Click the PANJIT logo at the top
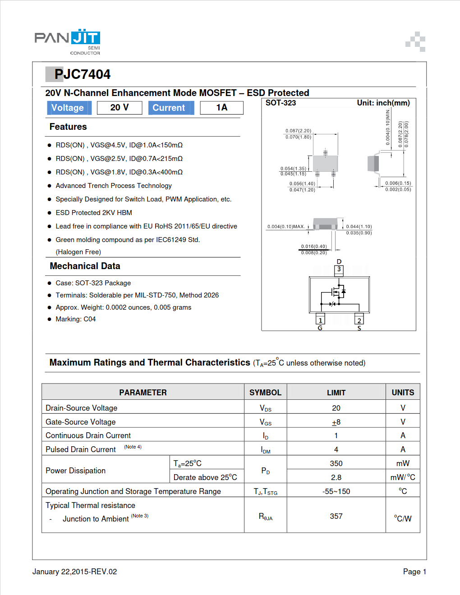[68, 41]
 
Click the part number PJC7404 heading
[82, 74]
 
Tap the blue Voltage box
[68, 108]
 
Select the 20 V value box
[120, 108]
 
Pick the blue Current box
[170, 108]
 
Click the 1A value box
[221, 108]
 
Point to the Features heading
[68, 127]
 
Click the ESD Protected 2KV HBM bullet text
[94, 213]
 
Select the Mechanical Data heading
[85, 266]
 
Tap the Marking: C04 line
[75, 319]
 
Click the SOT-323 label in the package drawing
[281, 103]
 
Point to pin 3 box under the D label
[339, 270]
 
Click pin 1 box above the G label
[320, 320]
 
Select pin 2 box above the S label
[359, 320]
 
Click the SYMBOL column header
[265, 393]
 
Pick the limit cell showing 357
[336, 516]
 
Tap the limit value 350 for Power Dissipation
[336, 463]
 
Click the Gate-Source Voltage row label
[81, 422]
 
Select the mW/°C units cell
[403, 477]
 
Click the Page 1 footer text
[414, 572]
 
